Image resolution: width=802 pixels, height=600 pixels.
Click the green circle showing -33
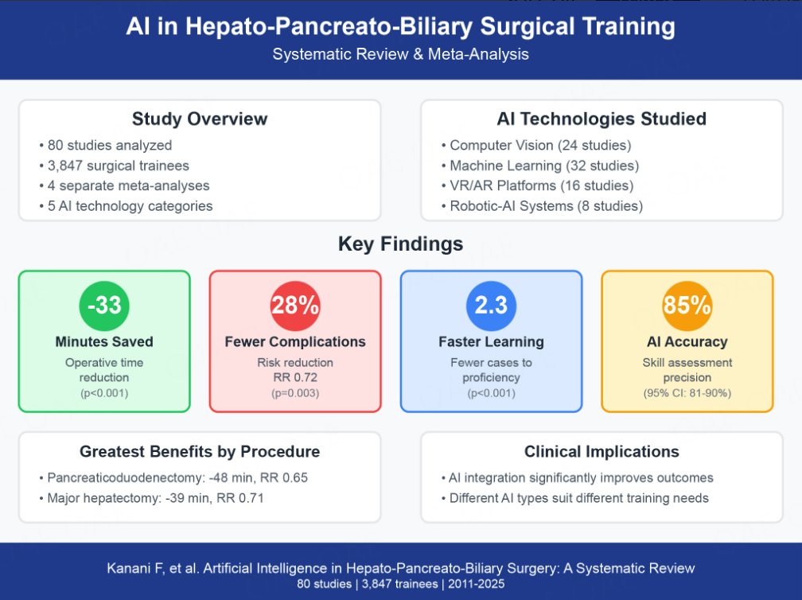tap(104, 306)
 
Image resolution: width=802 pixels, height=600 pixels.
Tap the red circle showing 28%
tap(295, 306)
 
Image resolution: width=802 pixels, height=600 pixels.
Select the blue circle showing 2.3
tap(491, 306)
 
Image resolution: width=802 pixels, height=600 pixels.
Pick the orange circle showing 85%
tap(687, 306)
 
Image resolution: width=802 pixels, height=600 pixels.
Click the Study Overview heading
tap(200, 119)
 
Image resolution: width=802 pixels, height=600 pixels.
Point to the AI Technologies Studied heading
tap(601, 119)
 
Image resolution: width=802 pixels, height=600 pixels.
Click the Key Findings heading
tap(400, 244)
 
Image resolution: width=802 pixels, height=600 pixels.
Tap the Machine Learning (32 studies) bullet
tap(544, 166)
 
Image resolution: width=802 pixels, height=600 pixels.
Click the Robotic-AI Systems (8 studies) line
tap(546, 206)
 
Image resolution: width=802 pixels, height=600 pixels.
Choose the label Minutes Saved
tap(104, 342)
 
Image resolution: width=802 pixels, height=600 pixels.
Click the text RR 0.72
tap(295, 377)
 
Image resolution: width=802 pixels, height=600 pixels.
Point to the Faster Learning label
tap(491, 342)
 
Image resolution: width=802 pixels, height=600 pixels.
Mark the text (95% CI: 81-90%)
tap(687, 392)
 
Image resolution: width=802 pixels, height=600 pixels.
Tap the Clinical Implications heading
tap(601, 451)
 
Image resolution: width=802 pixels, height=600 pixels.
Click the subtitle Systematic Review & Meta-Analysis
tap(400, 55)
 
